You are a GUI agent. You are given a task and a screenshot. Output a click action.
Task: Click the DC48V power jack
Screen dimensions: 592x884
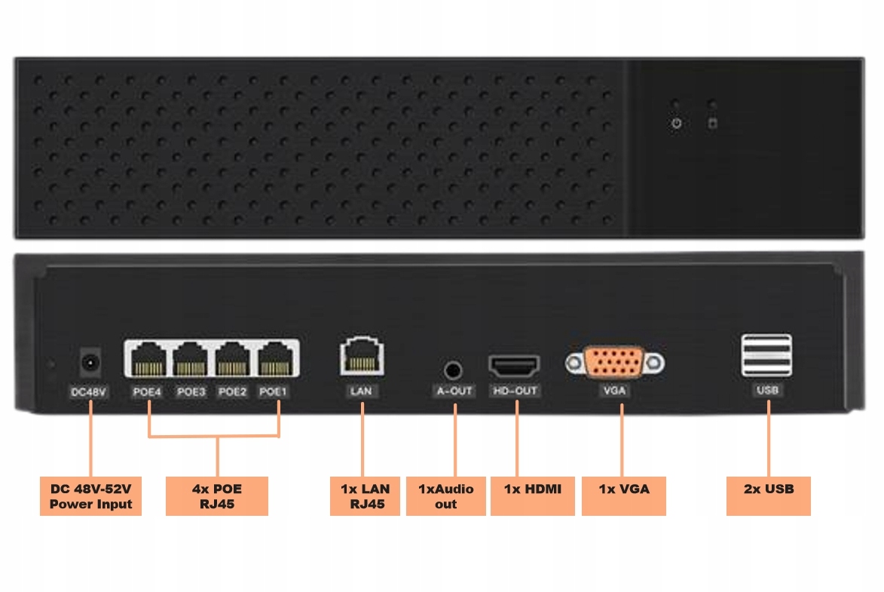(90, 363)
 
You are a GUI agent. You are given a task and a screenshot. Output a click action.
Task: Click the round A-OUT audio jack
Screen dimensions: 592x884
(453, 370)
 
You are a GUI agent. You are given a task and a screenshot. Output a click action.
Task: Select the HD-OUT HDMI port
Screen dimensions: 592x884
(515, 367)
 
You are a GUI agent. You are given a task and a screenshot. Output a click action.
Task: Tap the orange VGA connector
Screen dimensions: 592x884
(615, 363)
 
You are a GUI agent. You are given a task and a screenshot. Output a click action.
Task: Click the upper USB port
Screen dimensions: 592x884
(766, 345)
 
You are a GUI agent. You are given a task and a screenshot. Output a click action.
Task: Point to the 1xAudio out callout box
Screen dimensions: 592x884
(445, 495)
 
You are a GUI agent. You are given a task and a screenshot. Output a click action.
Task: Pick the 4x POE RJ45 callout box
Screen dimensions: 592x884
(217, 495)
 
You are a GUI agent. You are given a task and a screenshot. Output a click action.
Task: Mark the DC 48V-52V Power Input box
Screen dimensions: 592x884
(91, 495)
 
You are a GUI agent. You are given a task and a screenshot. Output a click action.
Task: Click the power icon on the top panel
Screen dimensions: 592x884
(677, 123)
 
